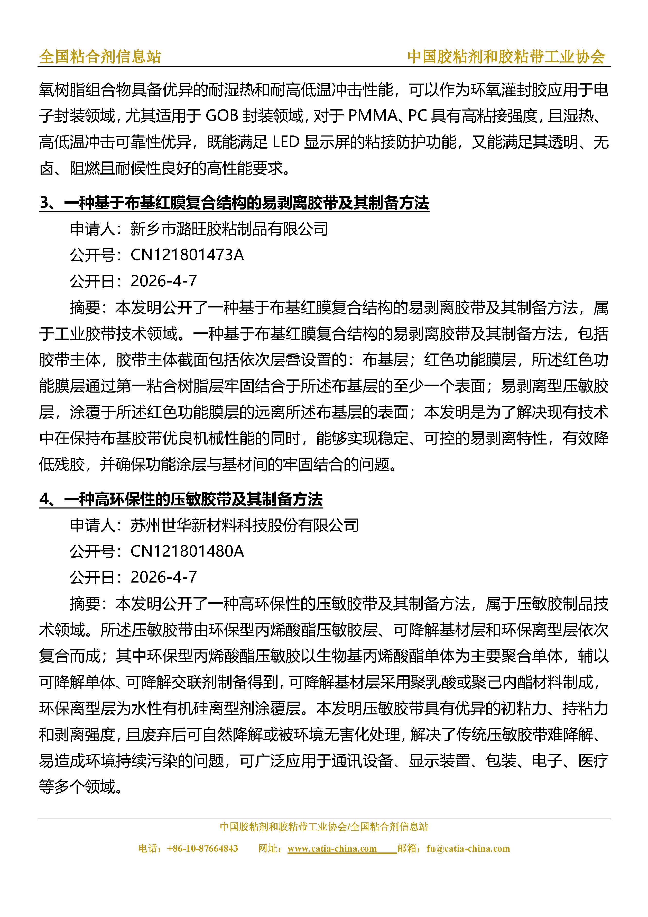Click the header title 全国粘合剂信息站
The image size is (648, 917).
tap(100, 57)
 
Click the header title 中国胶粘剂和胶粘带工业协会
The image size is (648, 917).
tap(506, 57)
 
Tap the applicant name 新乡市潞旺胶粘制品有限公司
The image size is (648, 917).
tap(229, 229)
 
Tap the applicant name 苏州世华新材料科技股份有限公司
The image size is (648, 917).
tap(244, 525)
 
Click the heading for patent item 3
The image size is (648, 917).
tap(234, 203)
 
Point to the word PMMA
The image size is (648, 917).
tap(373, 116)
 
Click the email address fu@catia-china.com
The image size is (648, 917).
tap(468, 849)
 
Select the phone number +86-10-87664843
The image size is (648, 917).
tap(202, 849)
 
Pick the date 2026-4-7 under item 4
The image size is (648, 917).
tap(164, 577)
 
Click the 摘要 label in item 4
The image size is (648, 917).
tap(85, 603)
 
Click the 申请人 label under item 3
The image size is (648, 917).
tap(93, 229)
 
